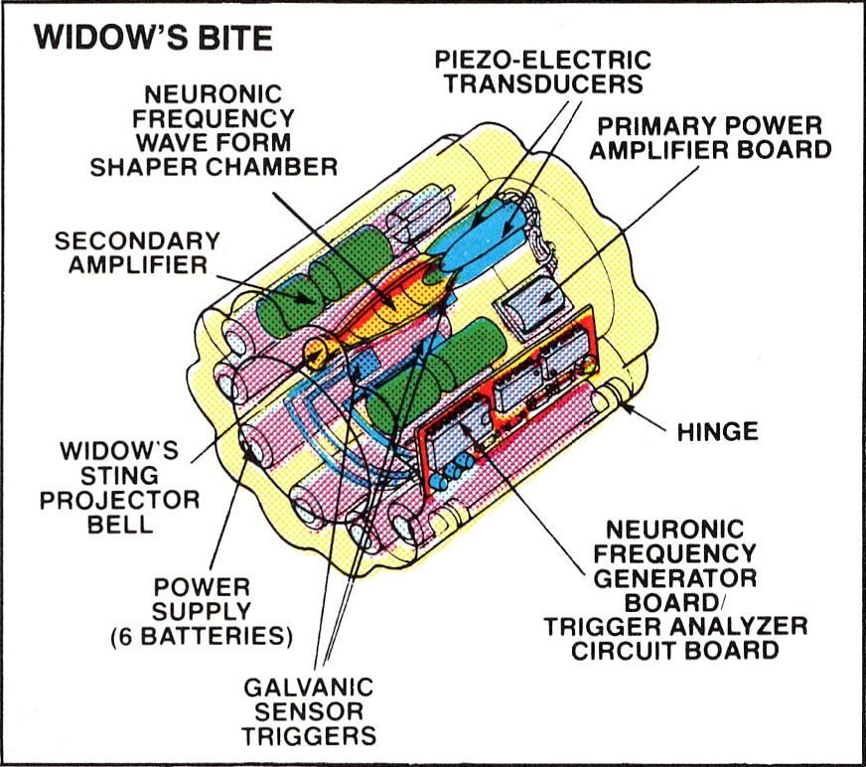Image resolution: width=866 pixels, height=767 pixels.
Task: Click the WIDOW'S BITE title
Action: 153,38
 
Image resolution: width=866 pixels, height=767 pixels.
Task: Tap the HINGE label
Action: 717,431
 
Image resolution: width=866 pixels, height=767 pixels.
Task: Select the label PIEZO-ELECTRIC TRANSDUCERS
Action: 543,72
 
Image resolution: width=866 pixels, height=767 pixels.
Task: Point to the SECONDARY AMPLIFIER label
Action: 137,252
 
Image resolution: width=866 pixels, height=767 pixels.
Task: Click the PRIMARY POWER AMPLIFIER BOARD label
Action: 710,137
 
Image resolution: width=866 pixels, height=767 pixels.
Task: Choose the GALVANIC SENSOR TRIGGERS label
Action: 309,711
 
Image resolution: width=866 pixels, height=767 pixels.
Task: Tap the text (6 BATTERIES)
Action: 201,636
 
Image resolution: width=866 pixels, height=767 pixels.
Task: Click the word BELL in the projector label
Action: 120,524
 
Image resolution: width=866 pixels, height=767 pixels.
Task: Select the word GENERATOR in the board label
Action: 675,578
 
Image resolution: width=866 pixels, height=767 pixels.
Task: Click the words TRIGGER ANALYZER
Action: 675,626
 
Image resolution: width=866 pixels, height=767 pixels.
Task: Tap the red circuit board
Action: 507,403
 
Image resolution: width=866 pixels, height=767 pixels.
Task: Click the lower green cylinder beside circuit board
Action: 436,376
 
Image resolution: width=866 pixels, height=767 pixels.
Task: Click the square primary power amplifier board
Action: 532,306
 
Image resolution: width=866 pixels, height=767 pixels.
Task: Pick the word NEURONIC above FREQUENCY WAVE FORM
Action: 214,94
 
